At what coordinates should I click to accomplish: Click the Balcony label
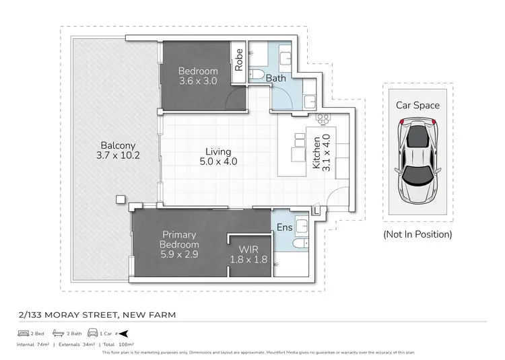[x=118, y=145]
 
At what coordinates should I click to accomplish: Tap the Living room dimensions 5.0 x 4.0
[x=219, y=161]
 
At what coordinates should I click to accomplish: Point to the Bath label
[x=275, y=78]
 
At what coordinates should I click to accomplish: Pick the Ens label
[x=284, y=227]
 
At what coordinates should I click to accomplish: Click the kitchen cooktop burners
[x=322, y=118]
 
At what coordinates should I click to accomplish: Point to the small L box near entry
[x=317, y=211]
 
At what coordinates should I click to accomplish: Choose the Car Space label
[x=417, y=105]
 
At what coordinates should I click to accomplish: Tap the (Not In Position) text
[x=417, y=234]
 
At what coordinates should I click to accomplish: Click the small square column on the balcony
[x=120, y=199]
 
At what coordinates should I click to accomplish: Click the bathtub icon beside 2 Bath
[x=59, y=333]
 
